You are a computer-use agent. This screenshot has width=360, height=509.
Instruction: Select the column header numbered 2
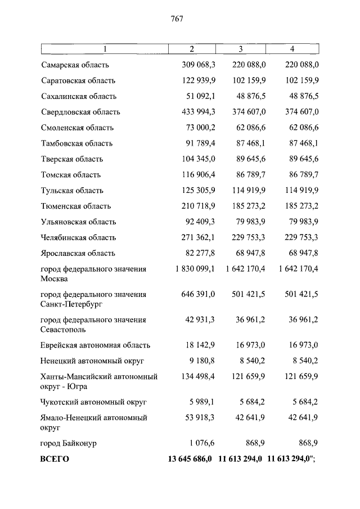click(x=192, y=49)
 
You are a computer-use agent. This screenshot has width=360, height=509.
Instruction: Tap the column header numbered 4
click(x=292, y=49)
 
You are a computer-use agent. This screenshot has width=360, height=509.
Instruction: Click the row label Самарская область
click(x=75, y=65)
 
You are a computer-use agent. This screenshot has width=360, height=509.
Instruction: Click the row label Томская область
click(x=71, y=175)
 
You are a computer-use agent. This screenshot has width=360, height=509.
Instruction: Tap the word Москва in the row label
click(x=55, y=278)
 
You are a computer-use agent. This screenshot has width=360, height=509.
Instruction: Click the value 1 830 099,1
click(x=195, y=269)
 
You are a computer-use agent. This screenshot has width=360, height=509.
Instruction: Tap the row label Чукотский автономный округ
click(x=93, y=402)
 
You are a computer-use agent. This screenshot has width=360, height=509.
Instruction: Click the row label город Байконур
click(x=69, y=443)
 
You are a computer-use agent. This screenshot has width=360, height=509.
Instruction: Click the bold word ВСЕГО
click(x=55, y=459)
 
